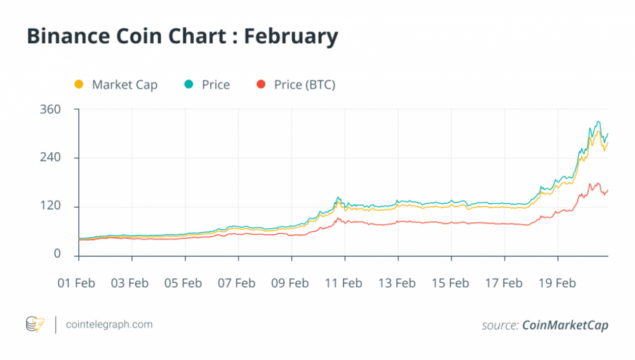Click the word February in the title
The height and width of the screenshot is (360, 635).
291,37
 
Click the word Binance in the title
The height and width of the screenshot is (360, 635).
69,36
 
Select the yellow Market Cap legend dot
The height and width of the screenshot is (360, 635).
79,84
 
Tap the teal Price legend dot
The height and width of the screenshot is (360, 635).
189,84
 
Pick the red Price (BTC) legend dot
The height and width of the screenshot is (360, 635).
261,84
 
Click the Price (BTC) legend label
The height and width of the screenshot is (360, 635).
305,84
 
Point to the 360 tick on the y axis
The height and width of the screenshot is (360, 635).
50,109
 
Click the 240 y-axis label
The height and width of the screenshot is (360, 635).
50,157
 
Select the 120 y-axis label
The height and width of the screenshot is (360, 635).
50,205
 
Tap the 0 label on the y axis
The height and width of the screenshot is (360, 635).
57,253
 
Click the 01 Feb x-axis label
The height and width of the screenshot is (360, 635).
76,283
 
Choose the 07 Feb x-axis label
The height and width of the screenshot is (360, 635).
236,283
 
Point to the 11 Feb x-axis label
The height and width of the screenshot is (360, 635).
344,283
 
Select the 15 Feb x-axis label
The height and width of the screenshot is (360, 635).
450,283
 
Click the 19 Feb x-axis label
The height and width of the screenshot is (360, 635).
558,283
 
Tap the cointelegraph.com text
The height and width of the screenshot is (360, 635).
109,324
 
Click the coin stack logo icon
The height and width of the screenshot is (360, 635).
35,324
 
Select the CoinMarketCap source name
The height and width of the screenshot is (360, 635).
565,325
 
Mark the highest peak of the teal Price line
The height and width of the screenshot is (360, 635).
598,121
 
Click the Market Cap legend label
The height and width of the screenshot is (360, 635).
124,84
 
